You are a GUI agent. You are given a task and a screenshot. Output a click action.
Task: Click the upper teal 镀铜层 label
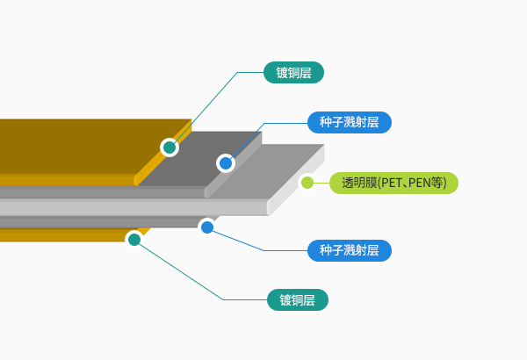point(294,72)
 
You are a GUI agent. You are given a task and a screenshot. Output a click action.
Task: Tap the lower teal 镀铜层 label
point(297,300)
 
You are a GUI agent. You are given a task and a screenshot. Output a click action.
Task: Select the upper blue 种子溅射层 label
point(349,122)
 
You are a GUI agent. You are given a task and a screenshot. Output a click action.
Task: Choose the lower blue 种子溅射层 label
point(349,250)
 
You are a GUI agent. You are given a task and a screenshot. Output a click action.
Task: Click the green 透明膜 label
point(393,183)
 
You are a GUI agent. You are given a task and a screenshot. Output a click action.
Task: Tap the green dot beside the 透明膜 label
point(307,183)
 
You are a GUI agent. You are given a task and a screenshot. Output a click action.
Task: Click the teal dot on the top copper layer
point(170,147)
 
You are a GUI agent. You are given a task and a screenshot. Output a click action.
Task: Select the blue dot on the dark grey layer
point(226,162)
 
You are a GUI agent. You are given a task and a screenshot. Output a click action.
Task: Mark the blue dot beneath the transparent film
point(207,227)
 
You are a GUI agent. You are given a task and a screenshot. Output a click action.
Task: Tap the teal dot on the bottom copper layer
point(134,239)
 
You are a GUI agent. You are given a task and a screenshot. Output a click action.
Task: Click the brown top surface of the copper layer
point(70,145)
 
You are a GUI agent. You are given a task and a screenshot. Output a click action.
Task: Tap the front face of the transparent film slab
point(132,207)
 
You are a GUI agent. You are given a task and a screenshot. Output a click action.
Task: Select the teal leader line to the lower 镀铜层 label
point(184,273)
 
